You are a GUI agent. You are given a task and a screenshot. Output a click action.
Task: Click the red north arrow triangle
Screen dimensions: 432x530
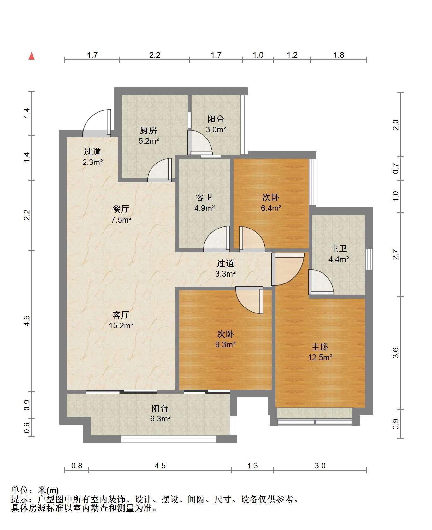32,56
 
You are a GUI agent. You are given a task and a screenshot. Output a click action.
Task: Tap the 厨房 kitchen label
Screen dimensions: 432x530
148,130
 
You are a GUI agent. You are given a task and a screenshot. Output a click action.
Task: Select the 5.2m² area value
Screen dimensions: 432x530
149,141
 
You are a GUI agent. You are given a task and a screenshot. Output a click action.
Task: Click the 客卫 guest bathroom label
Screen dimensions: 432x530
204,198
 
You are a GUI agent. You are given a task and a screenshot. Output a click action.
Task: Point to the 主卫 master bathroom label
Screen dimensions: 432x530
339,249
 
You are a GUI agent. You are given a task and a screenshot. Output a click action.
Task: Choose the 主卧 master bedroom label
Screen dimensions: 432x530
320,347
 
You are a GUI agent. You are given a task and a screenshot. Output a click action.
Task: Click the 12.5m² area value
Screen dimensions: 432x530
320,358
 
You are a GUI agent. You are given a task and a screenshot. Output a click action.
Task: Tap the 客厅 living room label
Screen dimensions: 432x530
121,315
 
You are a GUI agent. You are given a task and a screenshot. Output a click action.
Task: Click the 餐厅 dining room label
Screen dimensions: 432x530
121,209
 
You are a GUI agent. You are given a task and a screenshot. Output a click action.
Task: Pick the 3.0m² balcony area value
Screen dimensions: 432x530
216,129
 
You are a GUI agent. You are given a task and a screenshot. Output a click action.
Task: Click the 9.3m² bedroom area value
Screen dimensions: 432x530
225,344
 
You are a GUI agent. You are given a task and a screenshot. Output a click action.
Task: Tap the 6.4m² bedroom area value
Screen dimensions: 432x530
271,208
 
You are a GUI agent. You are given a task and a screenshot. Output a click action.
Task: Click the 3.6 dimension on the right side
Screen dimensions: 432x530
396,353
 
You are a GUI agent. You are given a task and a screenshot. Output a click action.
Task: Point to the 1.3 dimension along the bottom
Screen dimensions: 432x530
252,466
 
